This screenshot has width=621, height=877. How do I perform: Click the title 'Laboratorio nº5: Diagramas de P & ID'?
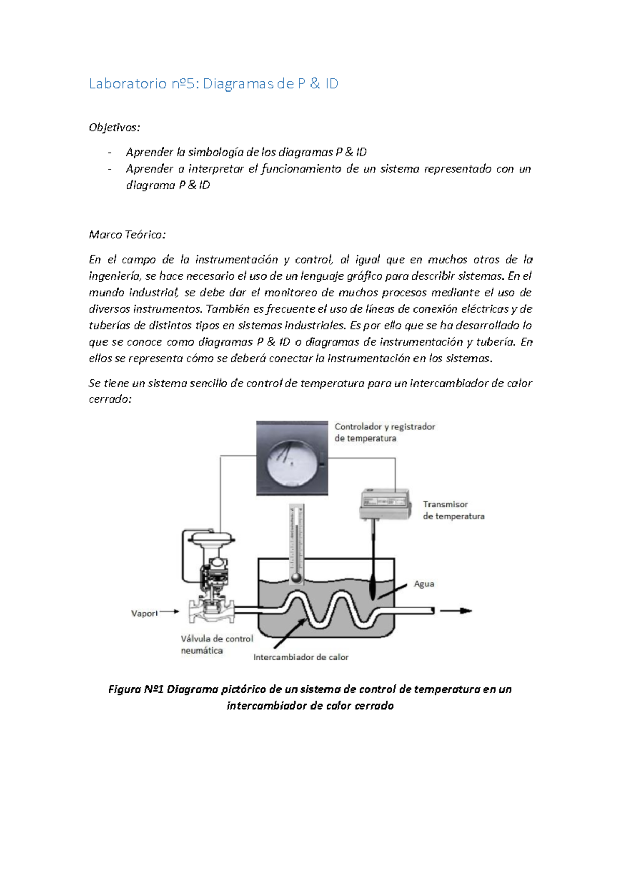coord(213,84)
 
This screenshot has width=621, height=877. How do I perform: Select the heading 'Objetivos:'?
coord(114,127)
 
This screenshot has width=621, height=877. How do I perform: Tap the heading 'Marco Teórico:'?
coord(127,235)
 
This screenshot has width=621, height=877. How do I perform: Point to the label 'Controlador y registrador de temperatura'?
coord(384,432)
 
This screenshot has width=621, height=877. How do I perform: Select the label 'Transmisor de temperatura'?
coord(453,510)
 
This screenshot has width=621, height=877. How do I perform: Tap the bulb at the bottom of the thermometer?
coord(296,578)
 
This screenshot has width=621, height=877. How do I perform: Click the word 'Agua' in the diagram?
coord(424,584)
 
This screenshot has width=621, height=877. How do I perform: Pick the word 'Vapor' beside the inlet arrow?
coord(144,613)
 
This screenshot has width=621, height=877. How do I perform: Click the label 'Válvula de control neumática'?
coord(216,644)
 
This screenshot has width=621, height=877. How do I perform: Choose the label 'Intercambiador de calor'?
coord(301,657)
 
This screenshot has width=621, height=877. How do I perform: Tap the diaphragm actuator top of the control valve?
coord(212,539)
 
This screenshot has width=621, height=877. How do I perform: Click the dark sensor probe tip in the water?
coord(373,589)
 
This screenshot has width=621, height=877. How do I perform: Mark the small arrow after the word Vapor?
coord(169,612)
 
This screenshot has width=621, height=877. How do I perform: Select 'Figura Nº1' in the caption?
coord(136,689)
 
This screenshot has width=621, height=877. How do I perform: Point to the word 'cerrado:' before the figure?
coord(110,399)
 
